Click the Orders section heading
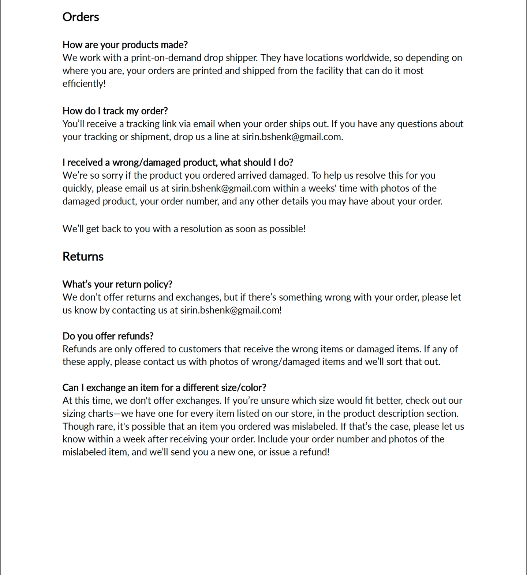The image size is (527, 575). [81, 17]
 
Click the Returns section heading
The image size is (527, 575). [83, 257]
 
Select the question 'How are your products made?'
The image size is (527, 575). [125, 45]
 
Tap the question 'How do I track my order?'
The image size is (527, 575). [115, 111]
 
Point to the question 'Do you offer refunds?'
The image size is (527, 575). [108, 336]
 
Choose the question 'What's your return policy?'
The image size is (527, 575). [117, 285]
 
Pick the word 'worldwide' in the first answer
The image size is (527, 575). [367, 58]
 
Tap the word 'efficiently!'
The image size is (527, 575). [84, 84]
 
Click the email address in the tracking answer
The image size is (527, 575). [292, 137]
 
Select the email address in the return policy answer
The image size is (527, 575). [231, 310]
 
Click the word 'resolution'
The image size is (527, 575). [201, 229]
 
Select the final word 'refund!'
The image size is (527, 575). [314, 452]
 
